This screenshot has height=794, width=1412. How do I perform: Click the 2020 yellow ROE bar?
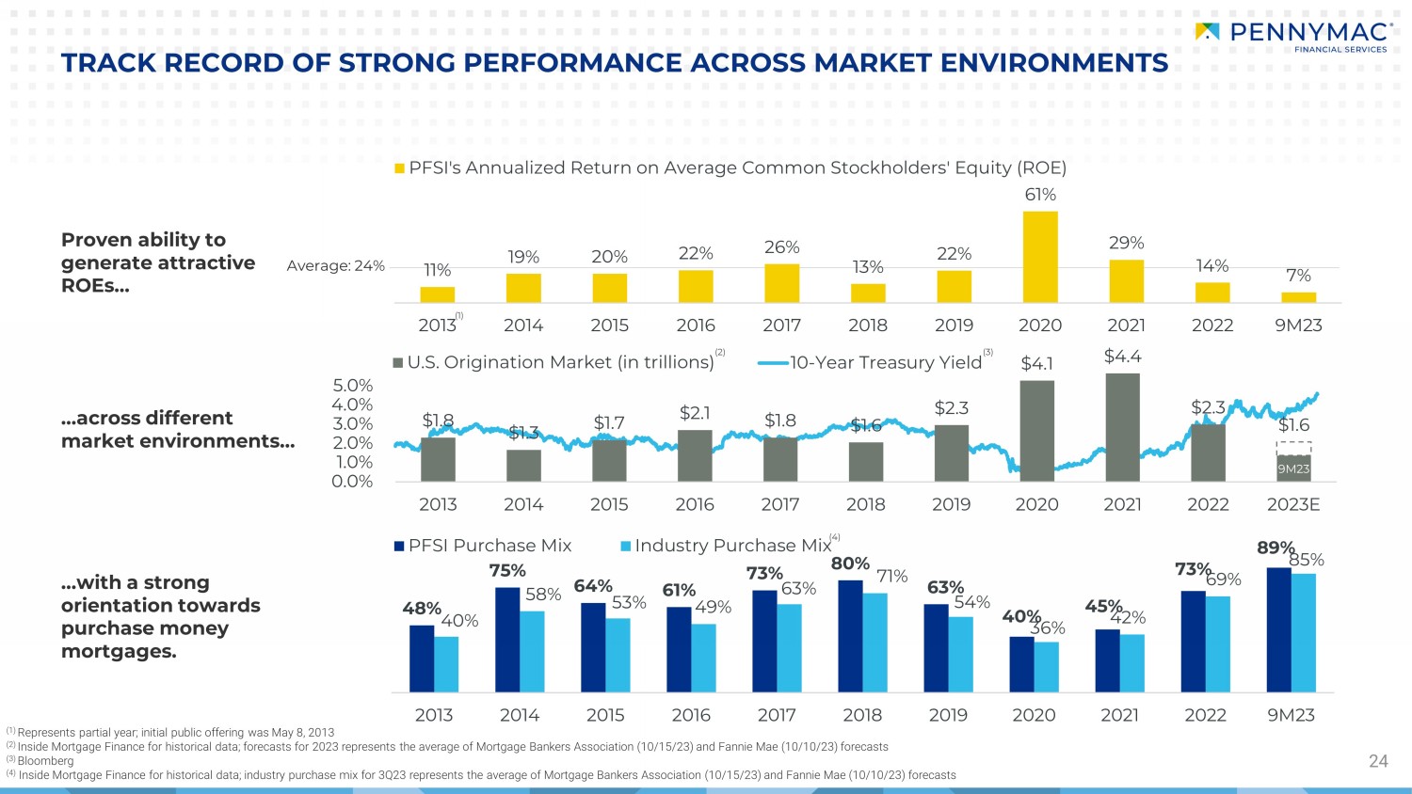tap(1040, 257)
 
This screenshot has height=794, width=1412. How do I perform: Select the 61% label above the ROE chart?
tap(1040, 194)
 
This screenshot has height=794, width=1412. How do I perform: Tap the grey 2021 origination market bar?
tap(1123, 427)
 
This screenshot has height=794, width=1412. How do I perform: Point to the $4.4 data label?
tap(1123, 356)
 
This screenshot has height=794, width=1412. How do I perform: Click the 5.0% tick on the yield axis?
tap(352, 385)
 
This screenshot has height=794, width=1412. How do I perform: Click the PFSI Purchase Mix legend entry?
tap(483, 546)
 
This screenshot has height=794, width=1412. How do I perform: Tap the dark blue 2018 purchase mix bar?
tap(850, 637)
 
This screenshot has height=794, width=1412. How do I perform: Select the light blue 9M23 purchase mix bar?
tap(1304, 633)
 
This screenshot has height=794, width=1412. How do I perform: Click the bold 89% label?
tap(1276, 548)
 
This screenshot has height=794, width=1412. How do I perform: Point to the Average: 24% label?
tap(335, 266)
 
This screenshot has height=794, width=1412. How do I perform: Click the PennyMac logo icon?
tap(1207, 31)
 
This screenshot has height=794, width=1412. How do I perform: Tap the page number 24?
tap(1378, 761)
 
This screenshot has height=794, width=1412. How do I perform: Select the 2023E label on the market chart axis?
tap(1293, 505)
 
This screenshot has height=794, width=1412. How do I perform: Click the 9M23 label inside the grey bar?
tap(1293, 468)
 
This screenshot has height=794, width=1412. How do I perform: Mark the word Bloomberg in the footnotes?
tap(45, 760)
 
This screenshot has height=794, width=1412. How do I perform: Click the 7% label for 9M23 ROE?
tap(1298, 276)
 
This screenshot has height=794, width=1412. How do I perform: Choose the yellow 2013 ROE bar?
tap(438, 294)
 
